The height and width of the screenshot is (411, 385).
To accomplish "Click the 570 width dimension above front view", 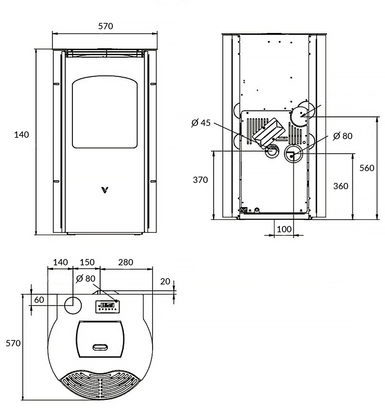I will [x=106, y=26].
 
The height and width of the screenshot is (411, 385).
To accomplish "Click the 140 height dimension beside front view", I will [x=22, y=134].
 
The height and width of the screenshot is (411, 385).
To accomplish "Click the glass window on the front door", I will [x=105, y=113].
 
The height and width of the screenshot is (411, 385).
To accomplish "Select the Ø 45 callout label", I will [x=201, y=123].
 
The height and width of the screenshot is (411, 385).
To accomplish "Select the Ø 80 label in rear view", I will [x=342, y=136].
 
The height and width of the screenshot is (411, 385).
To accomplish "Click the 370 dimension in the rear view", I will [x=200, y=180].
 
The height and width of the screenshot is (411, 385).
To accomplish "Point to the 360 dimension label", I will [x=341, y=186].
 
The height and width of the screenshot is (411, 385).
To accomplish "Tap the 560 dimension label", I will [x=367, y=168].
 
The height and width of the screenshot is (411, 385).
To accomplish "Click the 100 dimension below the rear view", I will [x=284, y=229].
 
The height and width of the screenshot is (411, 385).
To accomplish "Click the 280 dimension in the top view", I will [x=125, y=262].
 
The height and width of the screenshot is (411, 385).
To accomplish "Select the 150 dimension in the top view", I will [x=87, y=262].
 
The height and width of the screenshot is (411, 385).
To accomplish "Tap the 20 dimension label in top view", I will [x=165, y=281].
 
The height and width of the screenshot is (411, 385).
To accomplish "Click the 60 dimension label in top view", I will [x=39, y=300].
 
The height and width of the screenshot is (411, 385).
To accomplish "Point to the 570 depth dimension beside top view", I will [x=13, y=344].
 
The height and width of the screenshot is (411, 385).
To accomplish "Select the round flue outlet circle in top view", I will [x=73, y=305].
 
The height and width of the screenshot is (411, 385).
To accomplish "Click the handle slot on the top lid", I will [x=100, y=347].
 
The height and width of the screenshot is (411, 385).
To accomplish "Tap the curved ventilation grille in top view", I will [x=100, y=385].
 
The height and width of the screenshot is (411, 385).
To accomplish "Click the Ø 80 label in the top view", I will [x=85, y=279].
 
